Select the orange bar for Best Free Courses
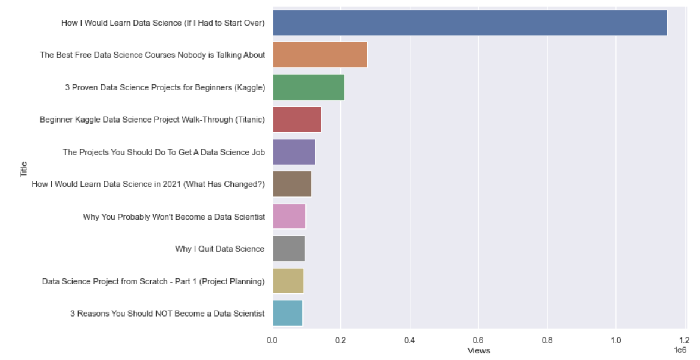(320, 55)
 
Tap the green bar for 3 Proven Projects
(308, 87)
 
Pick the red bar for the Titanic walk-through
(296, 119)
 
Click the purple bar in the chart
(293, 152)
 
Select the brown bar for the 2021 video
(292, 184)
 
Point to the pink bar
(289, 216)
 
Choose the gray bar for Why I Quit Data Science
(288, 249)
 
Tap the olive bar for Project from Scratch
(287, 281)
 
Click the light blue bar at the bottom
(287, 313)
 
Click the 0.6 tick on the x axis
(478, 340)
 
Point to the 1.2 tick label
(684, 340)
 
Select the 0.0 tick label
(273, 340)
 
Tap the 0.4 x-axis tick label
(410, 340)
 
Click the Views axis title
(479, 350)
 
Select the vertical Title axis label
(24, 168)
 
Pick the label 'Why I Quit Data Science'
(220, 249)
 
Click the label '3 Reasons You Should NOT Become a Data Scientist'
(167, 313)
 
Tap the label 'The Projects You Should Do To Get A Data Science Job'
(164, 152)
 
